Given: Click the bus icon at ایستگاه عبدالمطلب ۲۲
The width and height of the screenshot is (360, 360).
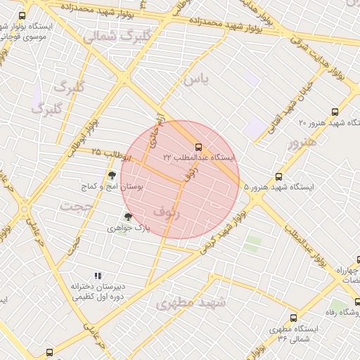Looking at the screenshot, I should tap(198, 148).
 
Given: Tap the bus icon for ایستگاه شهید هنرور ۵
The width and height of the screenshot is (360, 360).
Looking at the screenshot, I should tap(279, 176).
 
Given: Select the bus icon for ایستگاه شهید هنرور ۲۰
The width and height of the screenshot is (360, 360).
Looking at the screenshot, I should tap(334, 112).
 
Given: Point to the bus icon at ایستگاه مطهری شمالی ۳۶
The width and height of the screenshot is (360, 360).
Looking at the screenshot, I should tap(294, 318).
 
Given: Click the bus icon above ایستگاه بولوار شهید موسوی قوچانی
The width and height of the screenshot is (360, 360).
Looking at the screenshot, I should tap(22, 15).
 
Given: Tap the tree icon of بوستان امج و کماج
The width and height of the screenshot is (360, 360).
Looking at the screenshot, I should tap(111, 175).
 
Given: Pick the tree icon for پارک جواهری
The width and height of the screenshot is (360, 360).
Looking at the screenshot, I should tap(127, 217).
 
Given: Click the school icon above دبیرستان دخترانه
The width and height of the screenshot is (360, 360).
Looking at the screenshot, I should tap(98, 276).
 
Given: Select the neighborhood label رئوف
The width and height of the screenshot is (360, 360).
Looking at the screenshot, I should tap(167, 212).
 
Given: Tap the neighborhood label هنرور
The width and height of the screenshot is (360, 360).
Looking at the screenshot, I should tap(302, 143).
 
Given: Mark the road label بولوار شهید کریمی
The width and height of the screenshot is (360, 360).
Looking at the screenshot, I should tap(224, 231).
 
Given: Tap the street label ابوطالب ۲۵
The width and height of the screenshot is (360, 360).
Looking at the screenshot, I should tap(105, 152).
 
